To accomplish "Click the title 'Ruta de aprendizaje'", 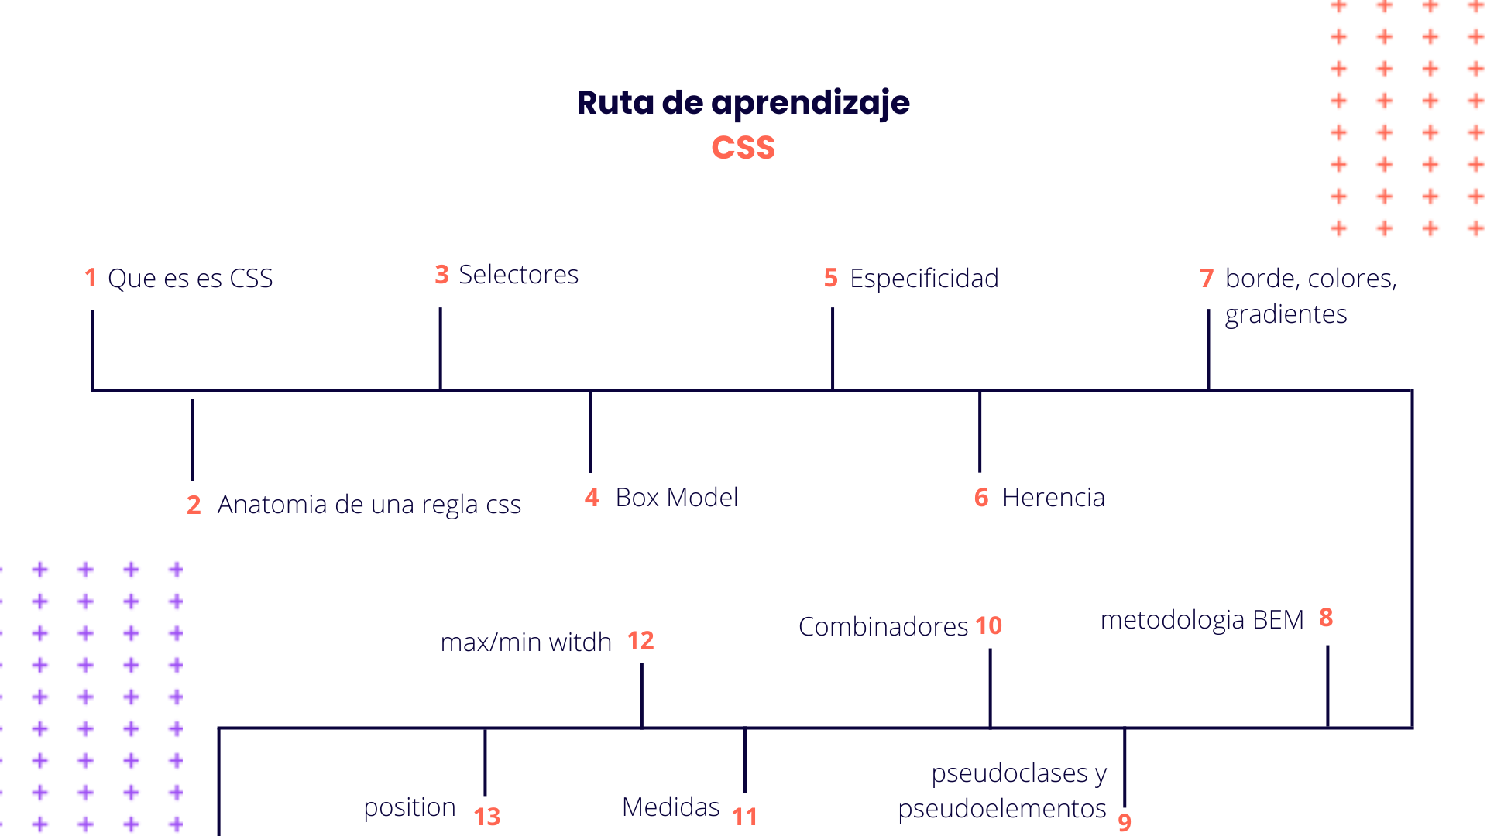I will point(743,103).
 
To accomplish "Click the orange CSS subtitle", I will point(743,148).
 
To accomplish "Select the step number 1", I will point(91,278).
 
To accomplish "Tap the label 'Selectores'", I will point(518,275).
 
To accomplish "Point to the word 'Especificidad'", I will point(924,279).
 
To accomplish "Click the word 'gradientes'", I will point(1286,314).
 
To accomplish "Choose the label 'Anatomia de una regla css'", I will point(369,505).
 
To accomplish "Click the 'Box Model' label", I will point(676,498).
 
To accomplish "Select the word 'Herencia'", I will point(1053,498).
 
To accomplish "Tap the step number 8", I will point(1326,618).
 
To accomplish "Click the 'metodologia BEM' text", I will point(1202,620).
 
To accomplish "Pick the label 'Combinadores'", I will point(883,627).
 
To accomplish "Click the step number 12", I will point(640,641).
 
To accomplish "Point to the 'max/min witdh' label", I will point(526,642).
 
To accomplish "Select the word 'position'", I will point(410,807).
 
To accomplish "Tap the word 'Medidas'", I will point(671,807).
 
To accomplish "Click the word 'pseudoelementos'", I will point(1002,809).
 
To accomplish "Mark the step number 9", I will point(1125,822).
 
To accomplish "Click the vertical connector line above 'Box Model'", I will point(590,432).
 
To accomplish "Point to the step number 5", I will point(831,278).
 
